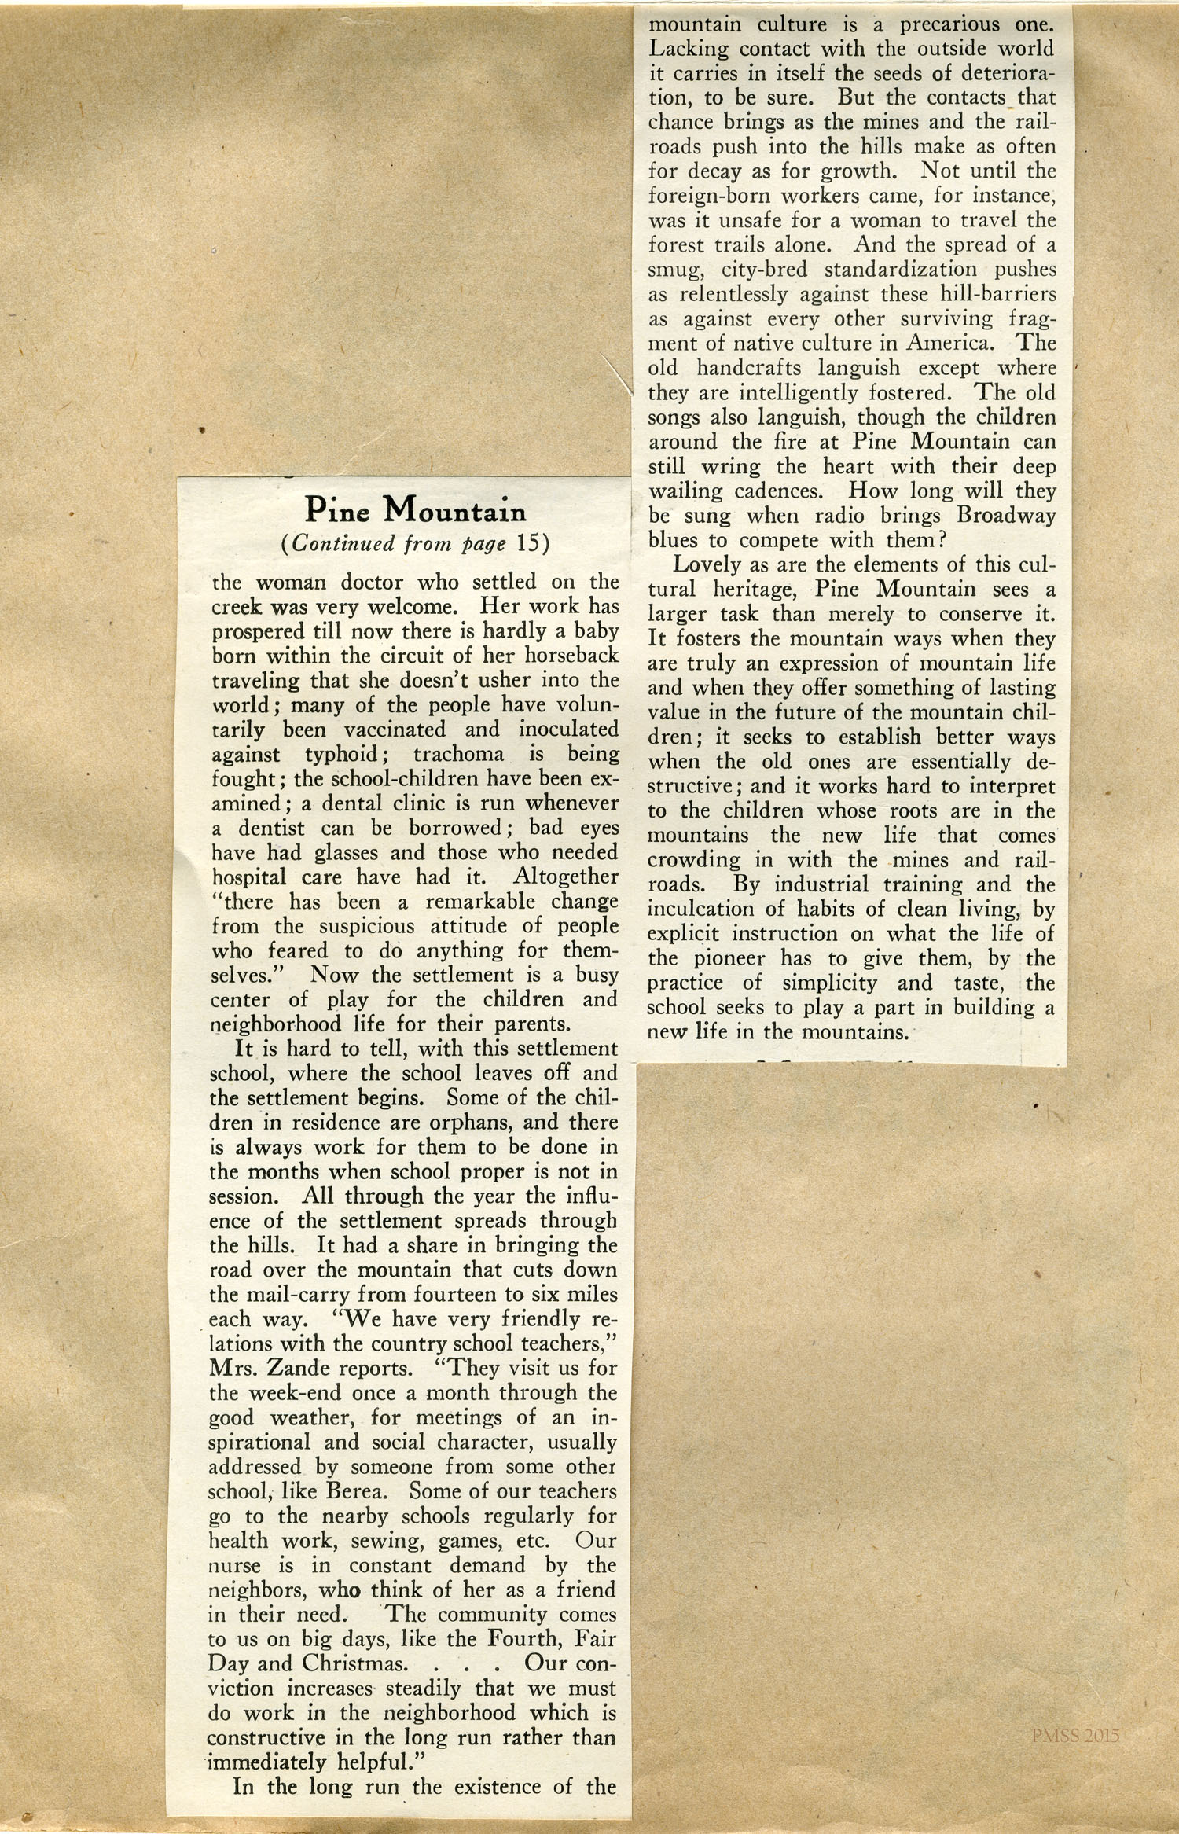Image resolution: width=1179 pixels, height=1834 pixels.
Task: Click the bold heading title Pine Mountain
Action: pyautogui.click(x=415, y=511)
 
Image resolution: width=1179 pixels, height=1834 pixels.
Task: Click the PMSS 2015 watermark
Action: pyautogui.click(x=1075, y=1736)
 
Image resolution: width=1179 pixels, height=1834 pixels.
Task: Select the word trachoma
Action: pyautogui.click(x=458, y=754)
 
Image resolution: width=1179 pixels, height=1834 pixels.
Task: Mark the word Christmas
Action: pyautogui.click(x=355, y=1663)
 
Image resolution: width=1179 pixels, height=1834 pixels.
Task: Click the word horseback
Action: pyautogui.click(x=571, y=656)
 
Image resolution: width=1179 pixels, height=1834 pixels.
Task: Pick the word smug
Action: pyautogui.click(x=670, y=270)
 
